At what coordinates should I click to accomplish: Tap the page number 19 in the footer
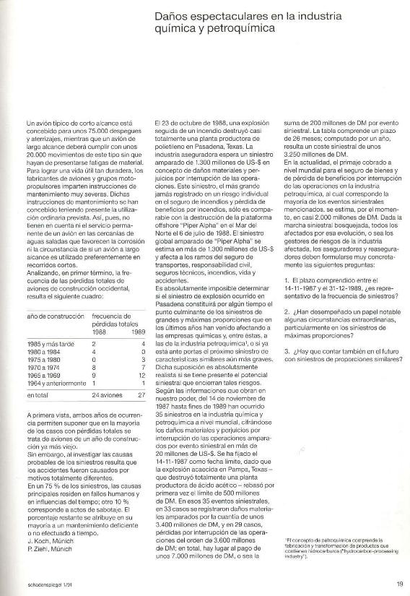pyautogui.click(x=399, y=585)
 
